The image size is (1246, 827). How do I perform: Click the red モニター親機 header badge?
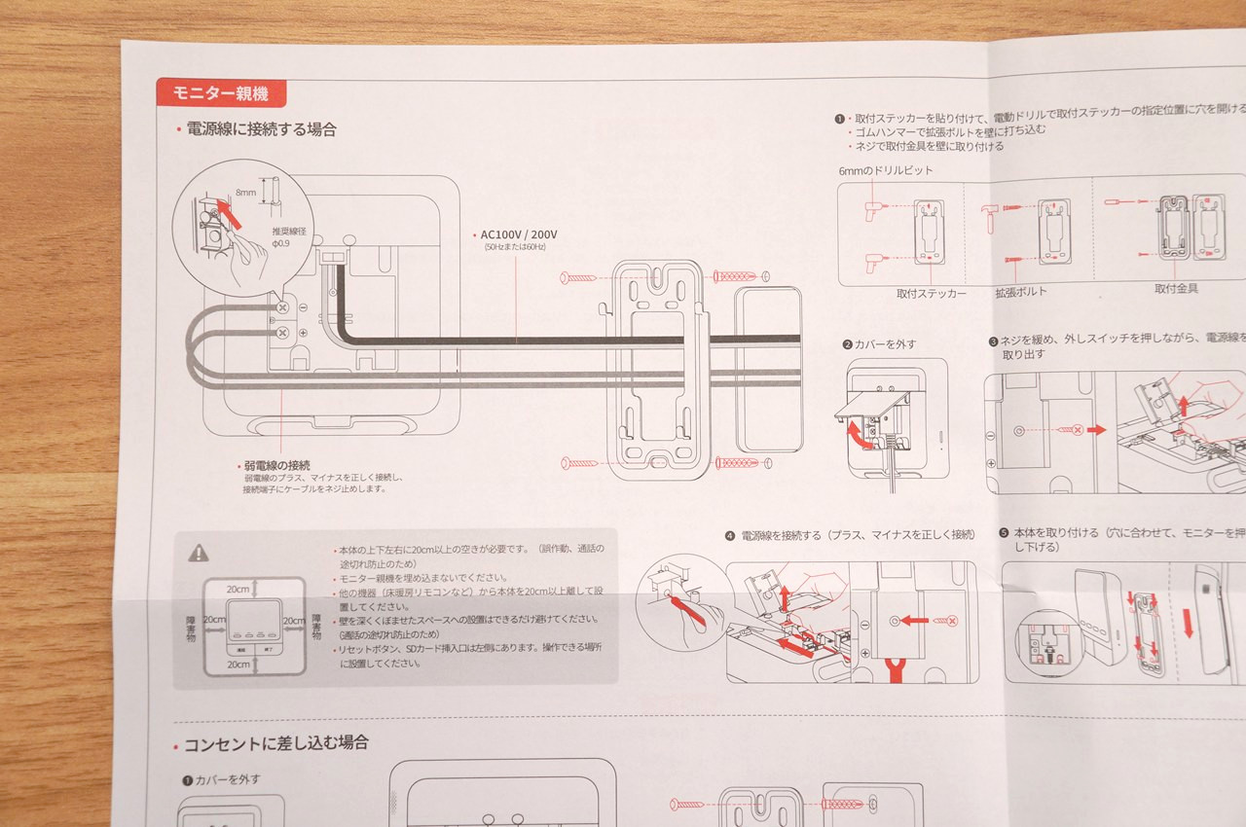tap(220, 93)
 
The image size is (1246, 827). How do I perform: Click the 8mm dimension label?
tap(247, 193)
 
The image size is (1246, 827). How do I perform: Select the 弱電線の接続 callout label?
tap(278, 464)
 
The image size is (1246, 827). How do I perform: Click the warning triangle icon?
tap(199, 553)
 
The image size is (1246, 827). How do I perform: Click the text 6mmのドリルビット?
tap(886, 170)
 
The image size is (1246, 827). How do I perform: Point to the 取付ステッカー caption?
tap(932, 292)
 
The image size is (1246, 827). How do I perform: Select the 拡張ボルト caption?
tap(1021, 292)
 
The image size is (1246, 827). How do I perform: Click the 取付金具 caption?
tap(1176, 289)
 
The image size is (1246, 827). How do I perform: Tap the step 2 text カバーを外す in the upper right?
tap(886, 344)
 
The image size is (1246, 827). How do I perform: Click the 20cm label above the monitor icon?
tap(238, 590)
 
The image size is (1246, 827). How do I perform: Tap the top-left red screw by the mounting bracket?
tap(578, 277)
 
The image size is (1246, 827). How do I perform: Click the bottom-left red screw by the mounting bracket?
tap(578, 462)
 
